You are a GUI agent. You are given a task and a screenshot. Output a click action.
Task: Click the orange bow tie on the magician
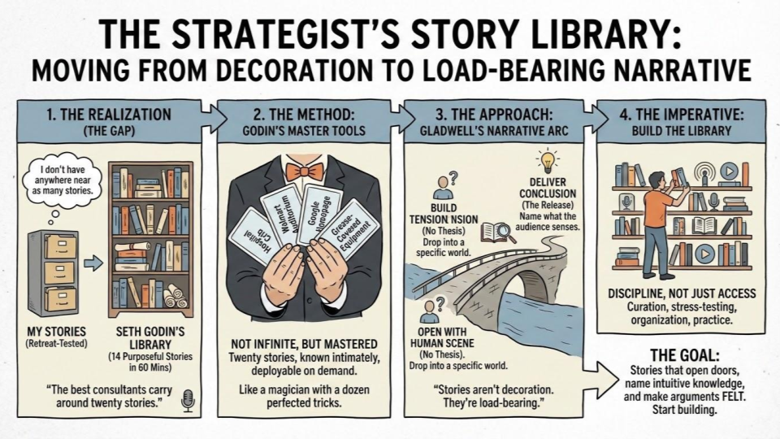coord(303,172)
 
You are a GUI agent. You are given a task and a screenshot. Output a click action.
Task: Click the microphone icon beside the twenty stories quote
coord(188,401)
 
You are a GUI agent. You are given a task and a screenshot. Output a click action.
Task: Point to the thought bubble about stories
coord(63,180)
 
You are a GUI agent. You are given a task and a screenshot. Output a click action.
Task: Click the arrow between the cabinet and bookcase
coord(93,263)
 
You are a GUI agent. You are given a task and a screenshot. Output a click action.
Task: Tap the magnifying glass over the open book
coord(503,231)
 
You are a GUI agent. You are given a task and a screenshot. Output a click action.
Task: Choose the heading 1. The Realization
coord(109,115)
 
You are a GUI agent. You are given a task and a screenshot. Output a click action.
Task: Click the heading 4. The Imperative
coord(682,115)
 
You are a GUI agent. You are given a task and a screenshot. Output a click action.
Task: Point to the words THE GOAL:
coord(684,355)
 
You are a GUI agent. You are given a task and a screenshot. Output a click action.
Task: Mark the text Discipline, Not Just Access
coord(682,293)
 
